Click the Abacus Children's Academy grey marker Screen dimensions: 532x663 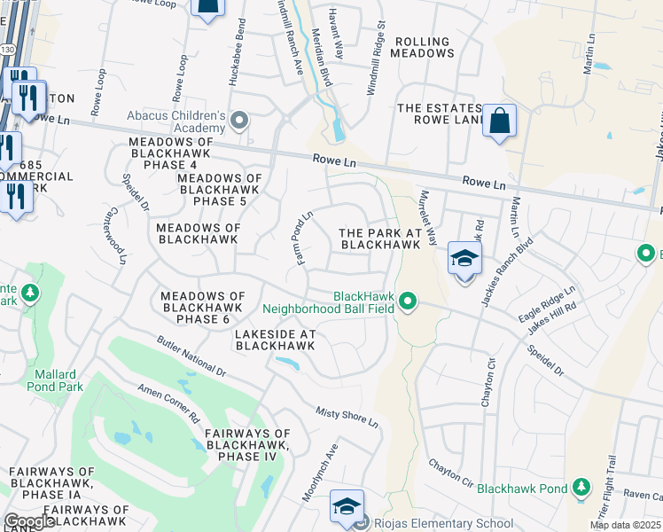pyautogui.click(x=238, y=120)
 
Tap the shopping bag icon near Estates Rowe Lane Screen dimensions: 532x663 pyautogui.click(x=499, y=120)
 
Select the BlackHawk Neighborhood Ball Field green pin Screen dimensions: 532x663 pyautogui.click(x=407, y=302)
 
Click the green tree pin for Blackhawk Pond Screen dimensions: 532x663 pyautogui.click(x=581, y=488)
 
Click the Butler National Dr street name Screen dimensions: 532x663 pyautogui.click(x=192, y=358)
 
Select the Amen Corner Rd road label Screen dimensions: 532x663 pyautogui.click(x=168, y=403)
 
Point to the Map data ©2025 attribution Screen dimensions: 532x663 pyautogui.click(x=624, y=525)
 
